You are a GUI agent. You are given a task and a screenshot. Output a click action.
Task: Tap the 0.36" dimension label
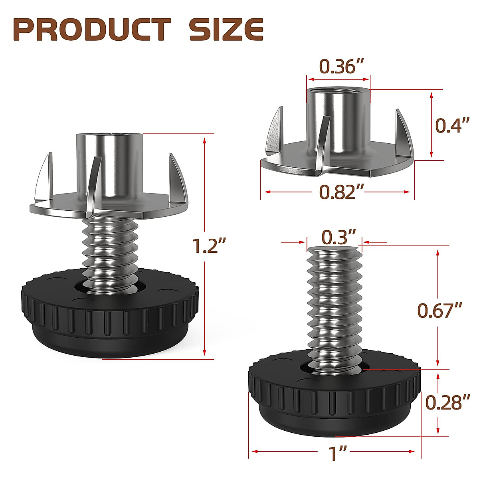point(338,67)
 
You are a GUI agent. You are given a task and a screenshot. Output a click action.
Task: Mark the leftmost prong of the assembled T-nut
point(44,176)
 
